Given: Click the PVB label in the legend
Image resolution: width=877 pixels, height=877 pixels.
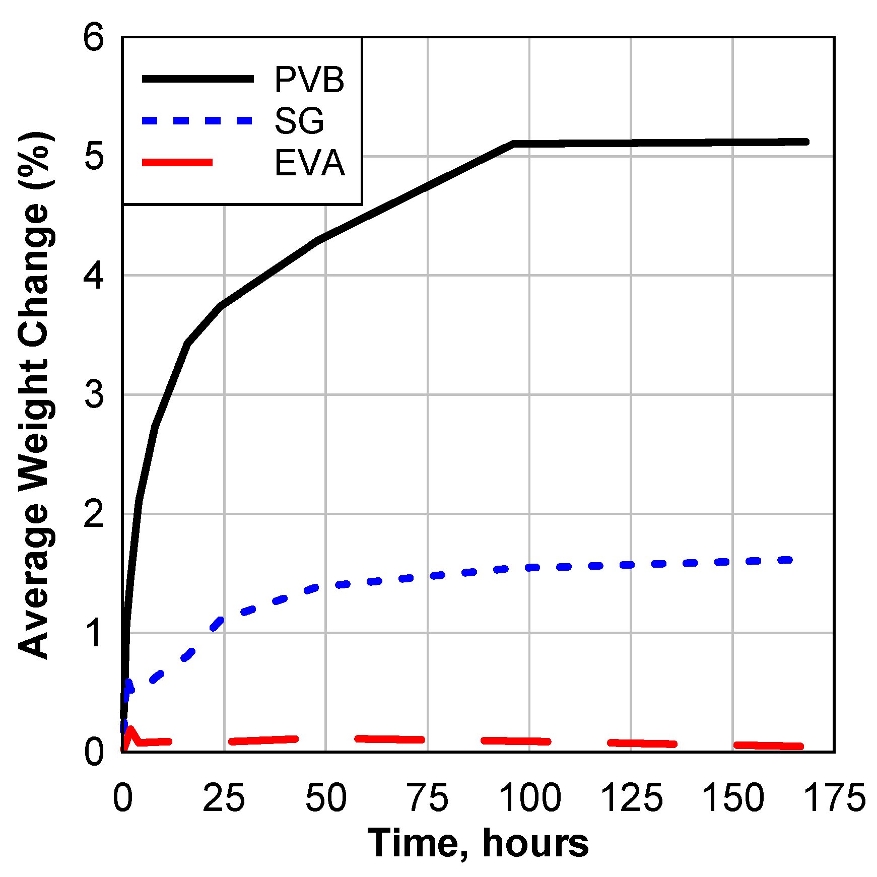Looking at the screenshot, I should tap(309, 80).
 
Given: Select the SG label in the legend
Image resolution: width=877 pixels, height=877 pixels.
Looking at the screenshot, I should tap(299, 121).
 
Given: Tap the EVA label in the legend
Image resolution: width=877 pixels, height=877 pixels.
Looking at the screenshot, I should tap(309, 163).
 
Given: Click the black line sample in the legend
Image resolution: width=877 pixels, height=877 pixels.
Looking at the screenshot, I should tap(197, 79).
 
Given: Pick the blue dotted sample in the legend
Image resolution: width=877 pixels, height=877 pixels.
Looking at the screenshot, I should tap(197, 120).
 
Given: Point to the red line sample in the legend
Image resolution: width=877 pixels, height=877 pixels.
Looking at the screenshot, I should tap(177, 162).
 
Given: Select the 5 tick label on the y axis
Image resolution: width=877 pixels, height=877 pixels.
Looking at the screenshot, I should tap(94, 157).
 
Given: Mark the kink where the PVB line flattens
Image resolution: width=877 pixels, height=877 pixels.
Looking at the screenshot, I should tap(513, 144).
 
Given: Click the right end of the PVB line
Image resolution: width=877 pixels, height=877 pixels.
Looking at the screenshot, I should tap(806, 142).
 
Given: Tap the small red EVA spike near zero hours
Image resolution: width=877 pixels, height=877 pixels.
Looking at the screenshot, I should tap(130, 729).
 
